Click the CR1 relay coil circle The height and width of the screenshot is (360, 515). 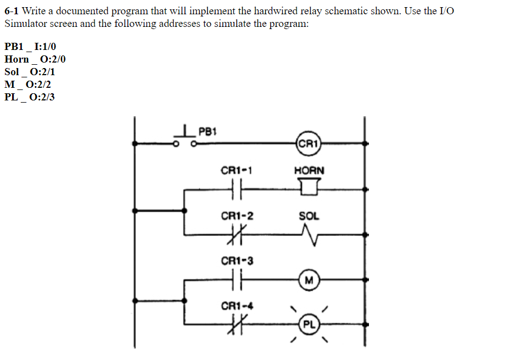tap(308, 144)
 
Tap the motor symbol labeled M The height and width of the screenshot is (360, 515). tap(308, 280)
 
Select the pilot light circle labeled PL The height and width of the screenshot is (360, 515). tap(309, 324)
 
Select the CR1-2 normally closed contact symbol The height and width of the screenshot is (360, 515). tap(237, 234)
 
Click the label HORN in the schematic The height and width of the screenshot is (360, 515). tap(309, 171)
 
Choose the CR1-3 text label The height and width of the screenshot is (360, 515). tap(237, 261)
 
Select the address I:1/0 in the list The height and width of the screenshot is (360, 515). tap(45, 47)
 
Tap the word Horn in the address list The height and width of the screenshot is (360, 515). tap(16, 59)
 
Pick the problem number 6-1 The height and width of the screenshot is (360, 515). tap(12, 12)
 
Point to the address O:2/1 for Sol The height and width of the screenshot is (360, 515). tap(42, 72)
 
